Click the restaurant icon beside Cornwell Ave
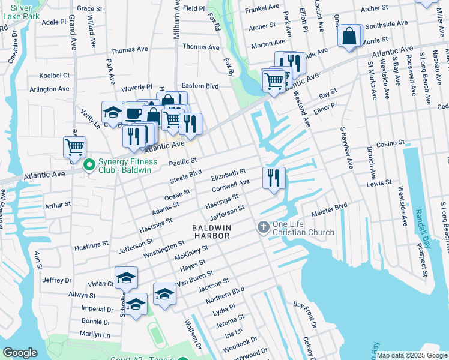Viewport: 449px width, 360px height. click(273, 178)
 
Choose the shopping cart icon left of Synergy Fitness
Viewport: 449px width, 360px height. click(75, 147)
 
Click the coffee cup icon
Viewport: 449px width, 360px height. click(133, 113)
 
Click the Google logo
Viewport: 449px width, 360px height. click(20, 353)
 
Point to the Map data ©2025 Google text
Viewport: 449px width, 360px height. click(411, 355)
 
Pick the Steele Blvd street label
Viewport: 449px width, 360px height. click(185, 175)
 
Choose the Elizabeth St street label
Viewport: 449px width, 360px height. click(229, 175)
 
